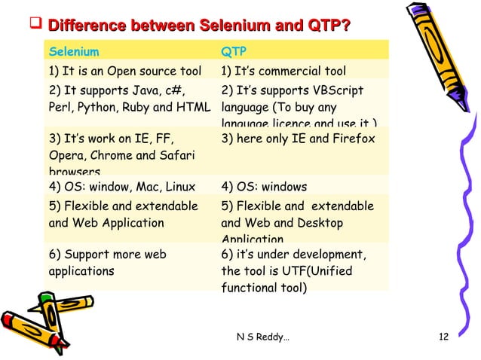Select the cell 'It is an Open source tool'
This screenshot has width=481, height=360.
pyautogui.click(x=124, y=72)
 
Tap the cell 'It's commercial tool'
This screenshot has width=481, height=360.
pyautogui.click(x=283, y=72)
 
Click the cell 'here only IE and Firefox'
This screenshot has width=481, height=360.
pyautogui.click(x=299, y=139)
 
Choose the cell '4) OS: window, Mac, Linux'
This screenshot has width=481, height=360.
pyautogui.click(x=122, y=188)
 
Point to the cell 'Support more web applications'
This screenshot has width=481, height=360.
pyautogui.click(x=106, y=262)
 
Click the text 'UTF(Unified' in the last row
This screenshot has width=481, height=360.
pyautogui.click(x=320, y=270)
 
